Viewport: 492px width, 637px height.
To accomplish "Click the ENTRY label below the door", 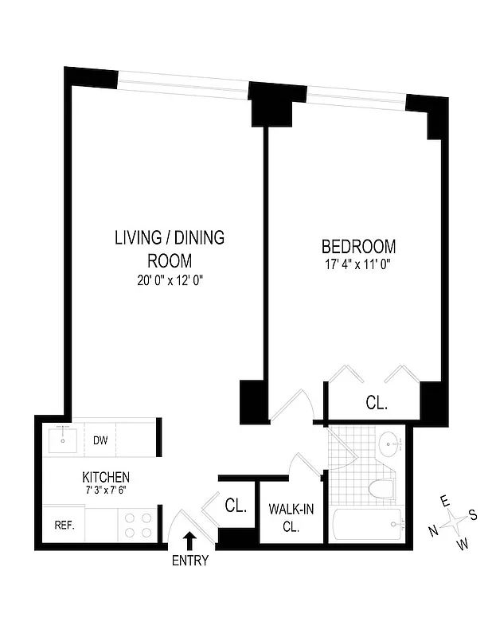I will tap(189, 561).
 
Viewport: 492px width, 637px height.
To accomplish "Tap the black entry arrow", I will tap(189, 541).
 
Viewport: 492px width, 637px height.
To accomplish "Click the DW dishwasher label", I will tap(100, 440).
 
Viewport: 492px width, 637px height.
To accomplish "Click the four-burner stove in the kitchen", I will tap(138, 524).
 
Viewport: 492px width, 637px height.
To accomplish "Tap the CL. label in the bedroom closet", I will tap(377, 404).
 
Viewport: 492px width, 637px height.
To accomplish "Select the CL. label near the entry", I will tap(236, 505).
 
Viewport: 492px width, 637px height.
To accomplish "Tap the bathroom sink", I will tap(389, 443).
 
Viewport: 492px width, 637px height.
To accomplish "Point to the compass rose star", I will tap(455, 522).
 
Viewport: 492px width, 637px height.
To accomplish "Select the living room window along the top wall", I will tap(184, 84).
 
